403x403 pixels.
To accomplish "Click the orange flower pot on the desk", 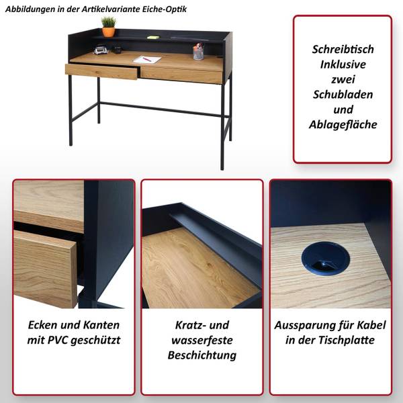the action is (x=108, y=32).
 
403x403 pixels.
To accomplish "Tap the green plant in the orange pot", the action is (x=108, y=22).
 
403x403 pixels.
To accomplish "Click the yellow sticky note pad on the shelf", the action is (x=153, y=37).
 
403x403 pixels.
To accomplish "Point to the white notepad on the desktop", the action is (x=147, y=59).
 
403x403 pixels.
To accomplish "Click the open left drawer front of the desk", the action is (x=101, y=71).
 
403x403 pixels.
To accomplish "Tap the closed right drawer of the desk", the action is (x=181, y=75).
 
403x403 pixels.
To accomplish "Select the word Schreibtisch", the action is (x=343, y=49).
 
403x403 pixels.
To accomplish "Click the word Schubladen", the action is (x=343, y=95).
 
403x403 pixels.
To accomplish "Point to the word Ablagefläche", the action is (x=343, y=125).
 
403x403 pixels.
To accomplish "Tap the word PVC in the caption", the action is (x=58, y=340).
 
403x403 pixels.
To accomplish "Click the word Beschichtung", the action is (x=202, y=355).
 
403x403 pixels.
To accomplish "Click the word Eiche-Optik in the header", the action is (x=165, y=9).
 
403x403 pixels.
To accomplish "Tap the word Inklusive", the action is (x=343, y=64).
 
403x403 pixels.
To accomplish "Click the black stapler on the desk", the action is (x=101, y=49).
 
